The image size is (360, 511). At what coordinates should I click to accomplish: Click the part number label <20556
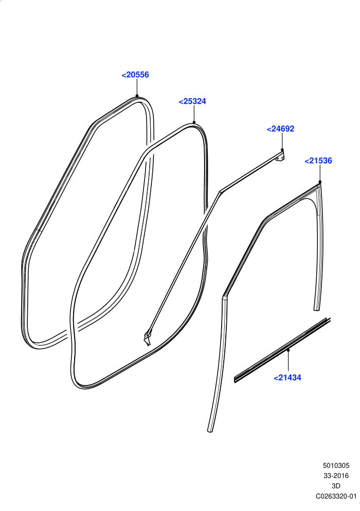[x=135, y=75]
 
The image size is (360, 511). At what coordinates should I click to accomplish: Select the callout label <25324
[x=192, y=101]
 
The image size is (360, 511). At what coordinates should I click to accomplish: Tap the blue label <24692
[x=280, y=129]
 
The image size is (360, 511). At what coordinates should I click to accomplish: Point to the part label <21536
[x=318, y=161]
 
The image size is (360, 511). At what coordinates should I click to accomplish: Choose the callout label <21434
[x=287, y=378]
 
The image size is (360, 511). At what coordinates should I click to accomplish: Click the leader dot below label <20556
[x=137, y=96]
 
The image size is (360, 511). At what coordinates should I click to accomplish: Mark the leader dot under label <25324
[x=194, y=122]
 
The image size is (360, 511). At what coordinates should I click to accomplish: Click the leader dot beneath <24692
[x=282, y=150]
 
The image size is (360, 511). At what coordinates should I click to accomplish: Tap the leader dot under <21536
[x=320, y=182]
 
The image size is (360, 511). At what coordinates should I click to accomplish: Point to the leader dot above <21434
[x=289, y=350]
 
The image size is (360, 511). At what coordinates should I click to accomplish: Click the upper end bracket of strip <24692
[x=280, y=156]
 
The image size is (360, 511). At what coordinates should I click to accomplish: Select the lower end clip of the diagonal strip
[x=148, y=338]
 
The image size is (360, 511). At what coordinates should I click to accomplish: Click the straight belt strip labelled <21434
[x=282, y=351]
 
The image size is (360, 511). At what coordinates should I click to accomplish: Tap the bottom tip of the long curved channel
[x=210, y=431]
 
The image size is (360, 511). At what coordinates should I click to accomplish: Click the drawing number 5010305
[x=336, y=466]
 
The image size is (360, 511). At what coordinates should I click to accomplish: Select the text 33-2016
[x=336, y=476]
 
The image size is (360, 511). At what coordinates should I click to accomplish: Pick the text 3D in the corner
[x=336, y=486]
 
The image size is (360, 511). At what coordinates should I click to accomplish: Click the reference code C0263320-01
[x=336, y=496]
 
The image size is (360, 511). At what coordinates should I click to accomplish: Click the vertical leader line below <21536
[x=320, y=173]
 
